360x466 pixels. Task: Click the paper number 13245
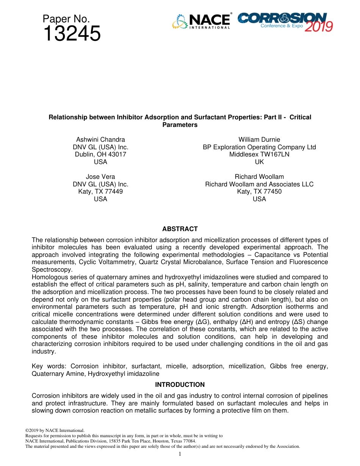(x=72, y=34)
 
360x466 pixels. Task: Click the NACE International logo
(x=201, y=22)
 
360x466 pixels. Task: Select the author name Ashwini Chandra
(x=100, y=140)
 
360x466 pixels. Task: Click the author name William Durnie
(x=259, y=140)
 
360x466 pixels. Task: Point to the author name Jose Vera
(x=100, y=177)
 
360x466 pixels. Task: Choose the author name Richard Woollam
(x=259, y=177)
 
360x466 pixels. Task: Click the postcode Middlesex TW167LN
(x=259, y=155)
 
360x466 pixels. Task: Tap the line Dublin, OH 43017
(x=100, y=155)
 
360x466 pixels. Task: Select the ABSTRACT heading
(x=180, y=229)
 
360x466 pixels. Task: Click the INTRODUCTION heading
(x=180, y=385)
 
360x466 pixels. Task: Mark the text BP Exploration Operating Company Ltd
(x=259, y=147)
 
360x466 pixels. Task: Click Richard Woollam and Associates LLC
(x=259, y=184)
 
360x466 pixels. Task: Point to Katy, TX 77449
(x=100, y=192)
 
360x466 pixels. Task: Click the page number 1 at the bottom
(x=180, y=454)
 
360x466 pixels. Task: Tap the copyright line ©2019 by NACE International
(x=55, y=430)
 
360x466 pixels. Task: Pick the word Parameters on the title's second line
(x=180, y=125)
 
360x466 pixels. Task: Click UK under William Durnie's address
(x=259, y=162)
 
